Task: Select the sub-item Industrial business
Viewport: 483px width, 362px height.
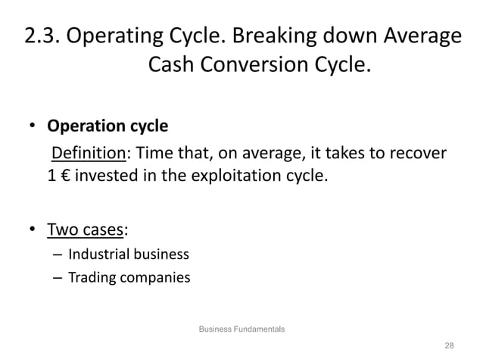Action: pos(129,254)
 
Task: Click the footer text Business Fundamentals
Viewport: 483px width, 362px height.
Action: pos(241,329)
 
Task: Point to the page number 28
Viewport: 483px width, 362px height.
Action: pos(450,345)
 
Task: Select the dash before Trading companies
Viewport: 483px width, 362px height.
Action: pos(58,278)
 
